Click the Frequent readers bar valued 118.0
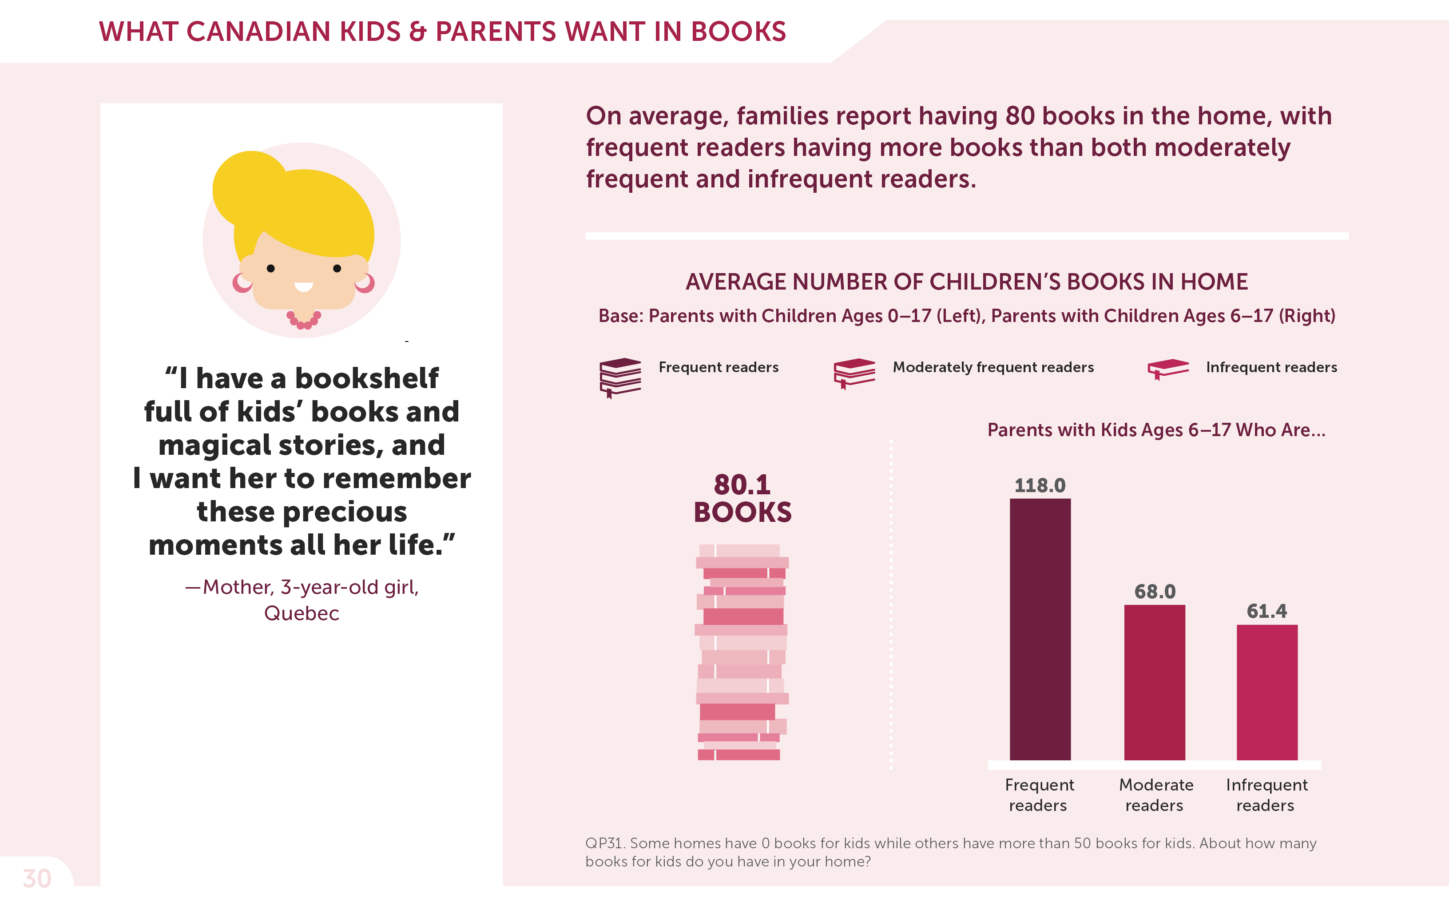[x=1040, y=629]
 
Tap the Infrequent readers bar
[x=1267, y=692]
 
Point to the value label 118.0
[x=1040, y=485]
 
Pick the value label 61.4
[x=1266, y=611]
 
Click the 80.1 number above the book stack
[x=742, y=484]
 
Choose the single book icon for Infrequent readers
[x=1167, y=369]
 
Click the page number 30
[x=37, y=878]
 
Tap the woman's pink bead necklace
[x=304, y=321]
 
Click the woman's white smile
[x=303, y=287]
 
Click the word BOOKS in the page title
[x=738, y=32]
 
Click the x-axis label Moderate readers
[x=1155, y=795]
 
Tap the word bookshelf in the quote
[x=367, y=379]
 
